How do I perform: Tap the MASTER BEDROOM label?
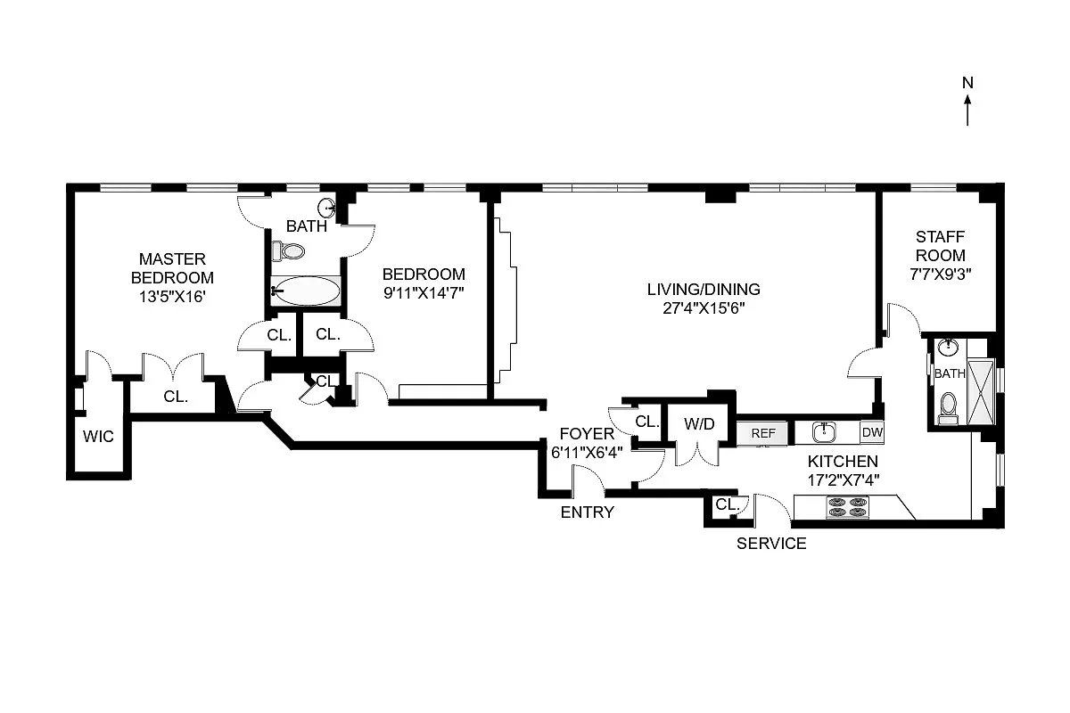[x=172, y=268]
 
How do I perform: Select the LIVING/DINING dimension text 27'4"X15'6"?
[x=703, y=308]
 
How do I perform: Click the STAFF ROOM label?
[x=940, y=246]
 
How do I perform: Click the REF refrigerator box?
[x=762, y=433]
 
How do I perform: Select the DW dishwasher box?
[x=871, y=432]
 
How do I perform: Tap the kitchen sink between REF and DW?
[x=825, y=432]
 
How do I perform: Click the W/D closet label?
[x=699, y=424]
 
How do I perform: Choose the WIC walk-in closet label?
[x=97, y=437]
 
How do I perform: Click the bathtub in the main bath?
[x=305, y=291]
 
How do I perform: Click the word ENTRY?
[x=587, y=512]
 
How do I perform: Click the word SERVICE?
[x=771, y=544]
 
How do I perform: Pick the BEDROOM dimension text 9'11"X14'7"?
[x=424, y=291]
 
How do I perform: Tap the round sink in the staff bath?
[x=948, y=348]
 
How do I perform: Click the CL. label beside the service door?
[x=728, y=504]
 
